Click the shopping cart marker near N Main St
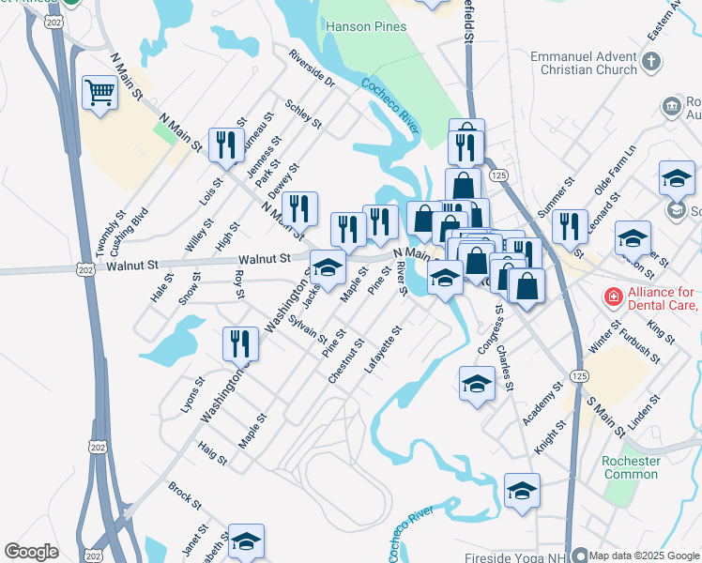tap(99, 93)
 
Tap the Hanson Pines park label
tap(366, 26)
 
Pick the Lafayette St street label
tap(383, 349)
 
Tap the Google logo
tap(31, 552)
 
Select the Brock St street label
tap(185, 496)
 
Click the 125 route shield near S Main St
tap(578, 375)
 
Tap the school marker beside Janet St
tap(246, 540)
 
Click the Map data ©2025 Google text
tap(645, 555)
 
